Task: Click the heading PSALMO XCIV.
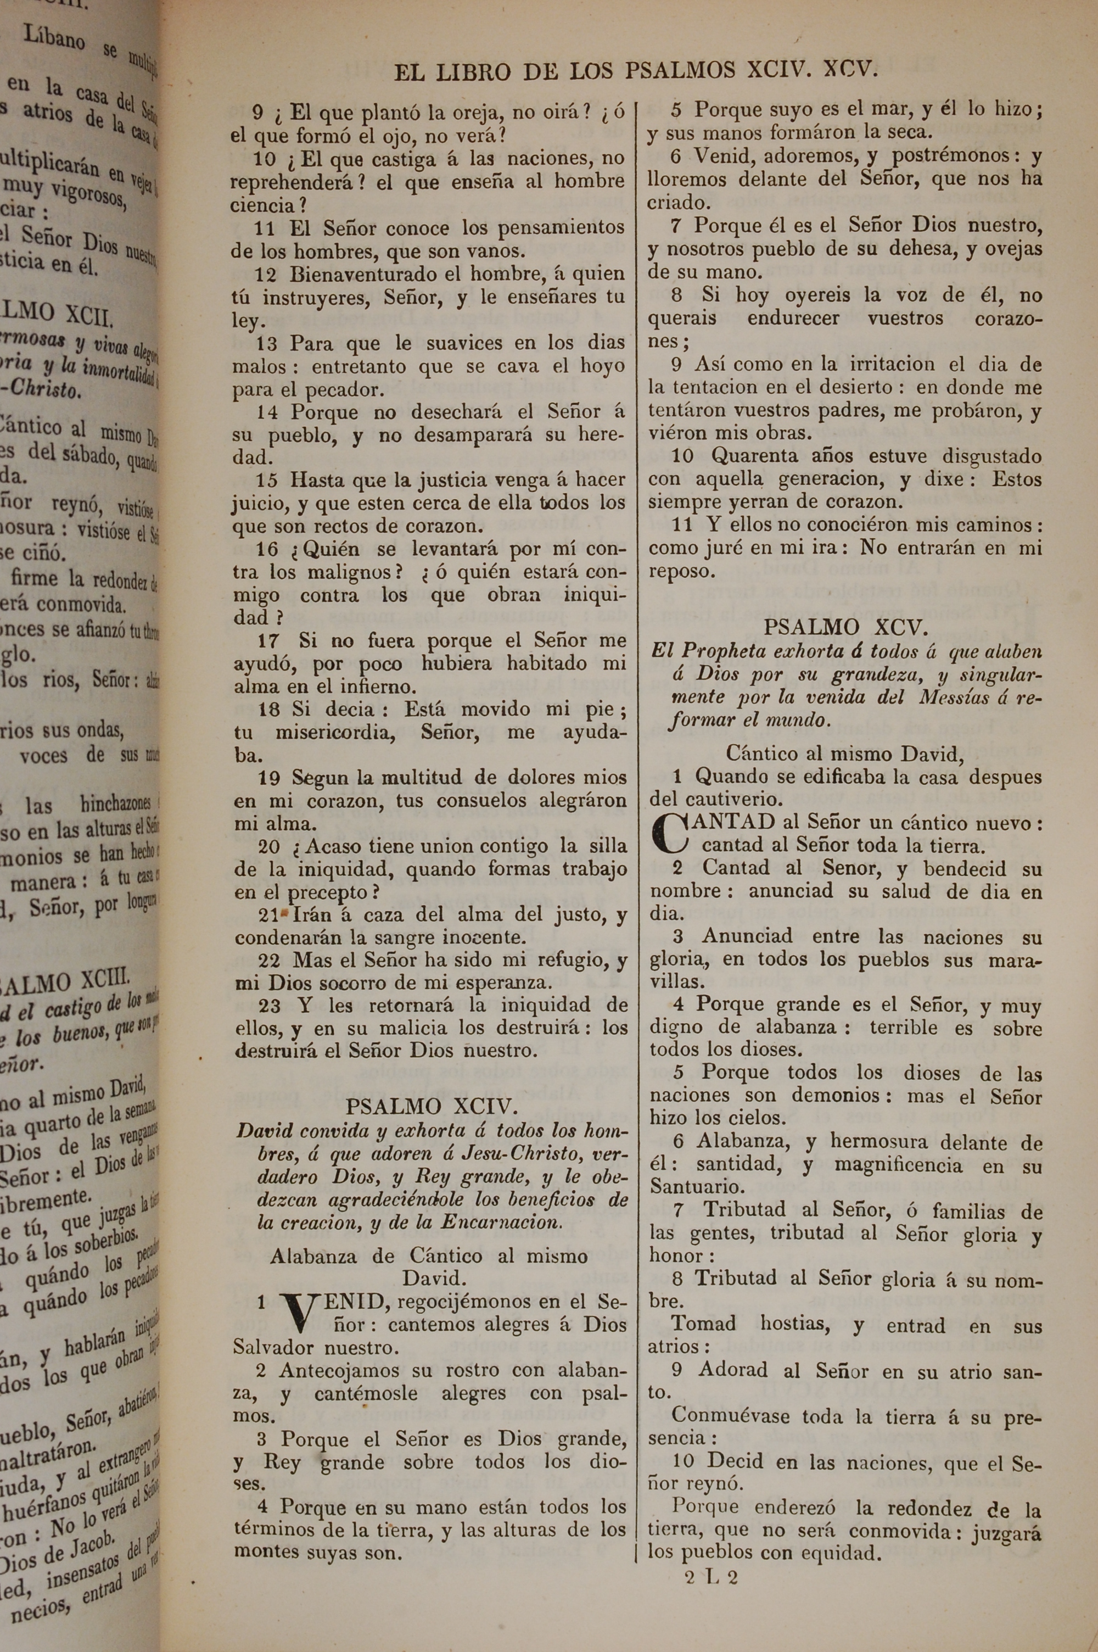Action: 432,1107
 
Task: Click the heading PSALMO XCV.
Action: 846,626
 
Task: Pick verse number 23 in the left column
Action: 270,1006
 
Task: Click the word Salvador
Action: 274,1347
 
